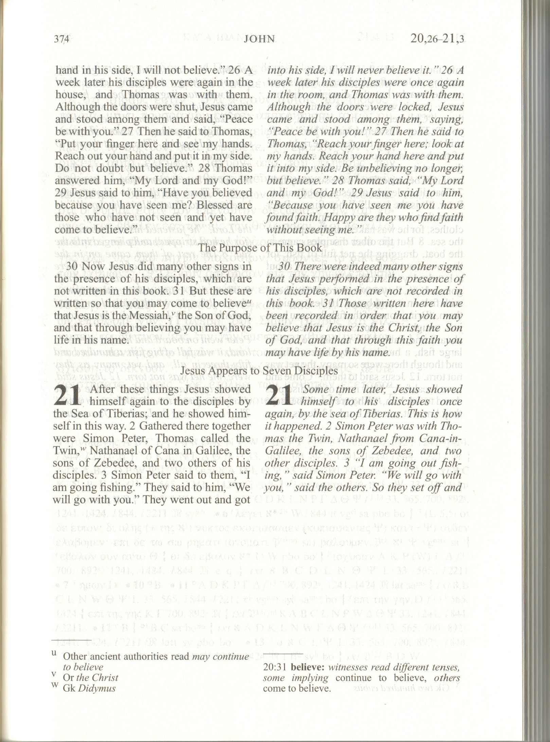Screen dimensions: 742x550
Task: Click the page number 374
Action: tap(61, 39)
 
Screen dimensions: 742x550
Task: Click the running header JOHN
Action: tap(259, 39)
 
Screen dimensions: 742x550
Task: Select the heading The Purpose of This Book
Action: tap(260, 248)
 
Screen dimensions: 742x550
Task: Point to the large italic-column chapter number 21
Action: tap(279, 396)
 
